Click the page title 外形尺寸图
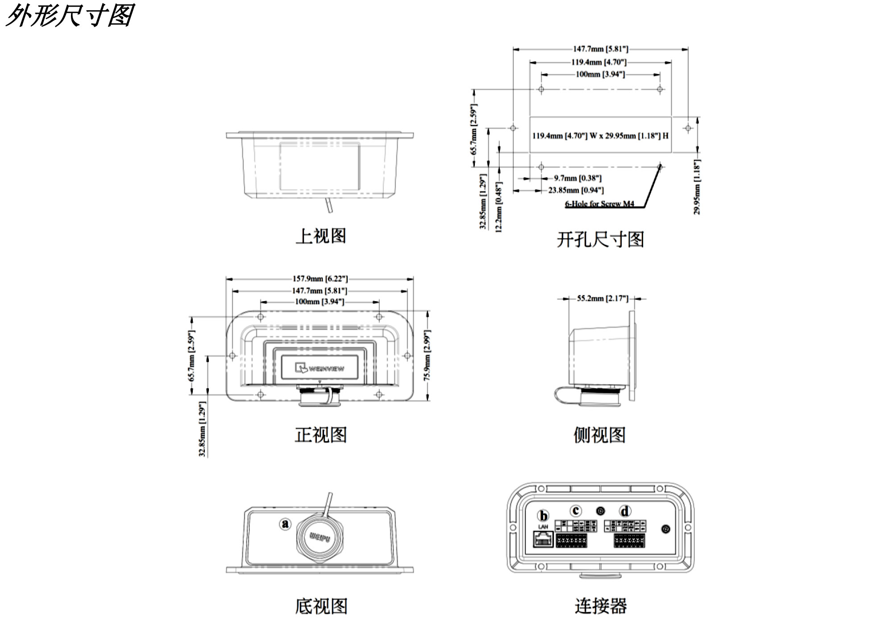coord(70,16)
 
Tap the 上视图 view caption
coord(320,236)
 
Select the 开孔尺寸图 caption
coord(600,240)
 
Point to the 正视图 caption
coord(320,435)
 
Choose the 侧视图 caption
coord(599,435)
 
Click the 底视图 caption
coord(320,606)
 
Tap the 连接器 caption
coord(600,606)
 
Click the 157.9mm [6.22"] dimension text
coord(320,279)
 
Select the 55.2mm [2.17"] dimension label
coord(602,298)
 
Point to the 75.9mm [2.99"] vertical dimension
coord(427,356)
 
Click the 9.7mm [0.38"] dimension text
coord(578,178)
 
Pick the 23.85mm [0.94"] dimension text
coord(576,190)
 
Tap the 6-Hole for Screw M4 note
coord(599,204)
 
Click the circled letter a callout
coord(285,523)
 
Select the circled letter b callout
coord(543,516)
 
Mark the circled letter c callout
coord(576,511)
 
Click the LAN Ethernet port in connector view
coord(543,539)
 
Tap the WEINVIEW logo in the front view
coord(320,368)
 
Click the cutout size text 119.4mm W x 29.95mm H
coord(600,136)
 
